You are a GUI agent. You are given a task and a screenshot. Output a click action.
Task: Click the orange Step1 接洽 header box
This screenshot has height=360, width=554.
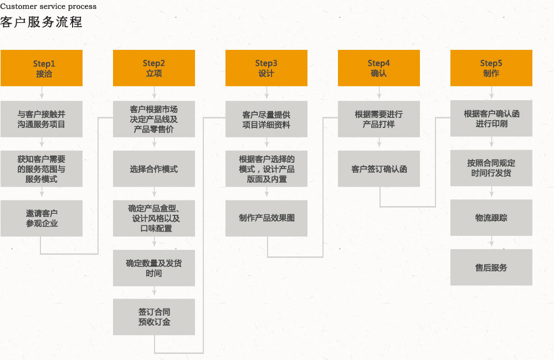click(42, 68)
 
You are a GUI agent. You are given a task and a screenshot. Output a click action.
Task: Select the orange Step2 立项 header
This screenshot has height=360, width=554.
click(154, 68)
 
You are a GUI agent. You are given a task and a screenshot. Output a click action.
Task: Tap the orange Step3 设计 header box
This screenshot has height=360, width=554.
click(266, 68)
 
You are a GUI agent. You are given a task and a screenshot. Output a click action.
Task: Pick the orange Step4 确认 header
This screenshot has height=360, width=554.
click(379, 68)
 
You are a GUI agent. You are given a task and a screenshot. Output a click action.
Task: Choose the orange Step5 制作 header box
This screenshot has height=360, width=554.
click(491, 68)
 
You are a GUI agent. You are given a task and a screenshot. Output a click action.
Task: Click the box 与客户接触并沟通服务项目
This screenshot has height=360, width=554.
click(42, 119)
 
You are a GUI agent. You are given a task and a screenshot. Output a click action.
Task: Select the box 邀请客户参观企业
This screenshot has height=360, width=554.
click(42, 218)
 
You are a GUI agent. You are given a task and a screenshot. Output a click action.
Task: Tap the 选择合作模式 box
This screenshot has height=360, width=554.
click(154, 169)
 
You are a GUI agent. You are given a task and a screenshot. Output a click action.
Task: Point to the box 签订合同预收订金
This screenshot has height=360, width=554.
click(154, 317)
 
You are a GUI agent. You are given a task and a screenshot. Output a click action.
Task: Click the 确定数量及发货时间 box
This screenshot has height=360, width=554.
click(154, 268)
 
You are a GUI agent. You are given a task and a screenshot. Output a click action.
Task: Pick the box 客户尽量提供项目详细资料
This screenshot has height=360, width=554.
click(266, 119)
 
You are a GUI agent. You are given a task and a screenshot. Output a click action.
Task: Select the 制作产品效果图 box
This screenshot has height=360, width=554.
click(266, 218)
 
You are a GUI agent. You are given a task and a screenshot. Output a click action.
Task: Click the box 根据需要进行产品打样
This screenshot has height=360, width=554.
click(379, 119)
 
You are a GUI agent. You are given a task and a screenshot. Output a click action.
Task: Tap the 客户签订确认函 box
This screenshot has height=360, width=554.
click(379, 169)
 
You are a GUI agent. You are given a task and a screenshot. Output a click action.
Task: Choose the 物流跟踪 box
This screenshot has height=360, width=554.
click(491, 218)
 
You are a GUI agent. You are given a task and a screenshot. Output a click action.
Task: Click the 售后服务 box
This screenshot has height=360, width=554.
click(491, 268)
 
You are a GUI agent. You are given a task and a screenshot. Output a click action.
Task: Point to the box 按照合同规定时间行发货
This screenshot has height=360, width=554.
click(491, 168)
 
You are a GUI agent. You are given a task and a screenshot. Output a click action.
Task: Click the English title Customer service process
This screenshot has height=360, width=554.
click(48, 7)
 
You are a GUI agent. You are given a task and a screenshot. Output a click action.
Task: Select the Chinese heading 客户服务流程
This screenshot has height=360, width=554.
click(42, 22)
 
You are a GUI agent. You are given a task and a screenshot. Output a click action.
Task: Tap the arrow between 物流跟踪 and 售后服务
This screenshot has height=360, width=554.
click(491, 243)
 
